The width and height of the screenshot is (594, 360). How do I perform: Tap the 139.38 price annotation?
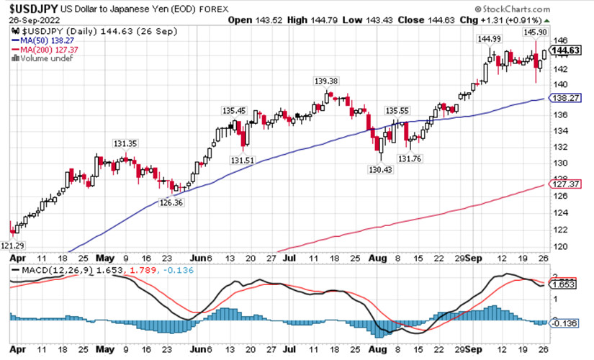click(325, 81)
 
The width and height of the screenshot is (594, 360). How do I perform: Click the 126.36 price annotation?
click(171, 203)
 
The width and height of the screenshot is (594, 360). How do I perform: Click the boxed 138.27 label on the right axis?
click(565, 97)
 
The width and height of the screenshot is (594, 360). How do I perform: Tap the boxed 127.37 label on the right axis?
click(565, 184)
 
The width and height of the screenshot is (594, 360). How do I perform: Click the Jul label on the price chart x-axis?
click(289, 257)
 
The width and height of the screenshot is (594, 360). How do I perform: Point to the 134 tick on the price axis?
click(559, 130)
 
